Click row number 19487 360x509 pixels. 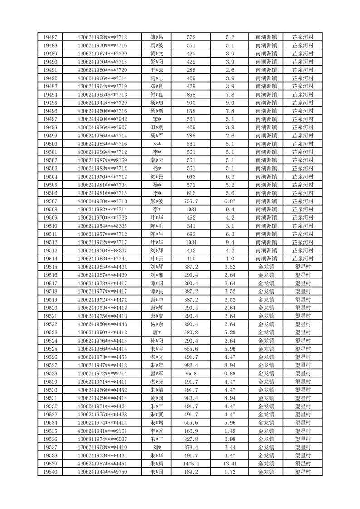[x=50, y=37]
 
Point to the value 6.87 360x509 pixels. [x=229, y=201]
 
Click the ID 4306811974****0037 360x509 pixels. [x=102, y=439]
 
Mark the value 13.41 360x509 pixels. [x=229, y=463]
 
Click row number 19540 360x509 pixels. [x=50, y=471]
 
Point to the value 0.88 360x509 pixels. [x=229, y=373]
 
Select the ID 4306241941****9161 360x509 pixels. [x=102, y=431]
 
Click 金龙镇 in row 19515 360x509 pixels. [x=266, y=267]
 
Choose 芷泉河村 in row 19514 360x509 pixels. [x=303, y=259]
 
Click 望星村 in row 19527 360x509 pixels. [x=303, y=365]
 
